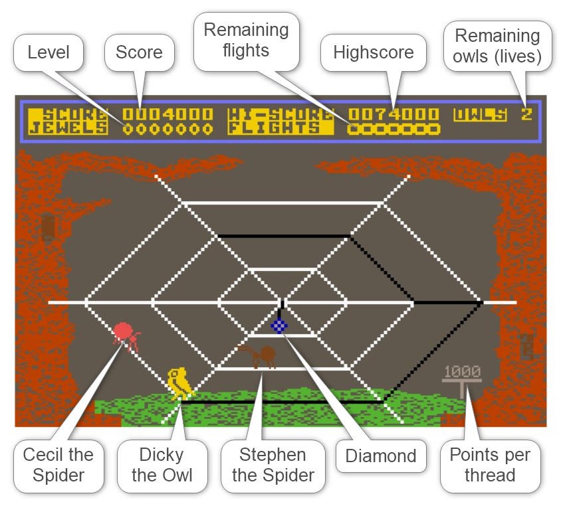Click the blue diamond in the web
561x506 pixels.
click(x=279, y=325)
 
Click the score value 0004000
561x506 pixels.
click(x=168, y=114)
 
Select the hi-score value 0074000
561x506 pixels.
click(x=393, y=114)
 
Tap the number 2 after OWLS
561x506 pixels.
click(x=526, y=114)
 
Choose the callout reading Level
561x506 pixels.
click(x=49, y=52)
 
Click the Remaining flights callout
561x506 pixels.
click(x=246, y=41)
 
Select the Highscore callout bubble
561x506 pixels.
click(x=374, y=52)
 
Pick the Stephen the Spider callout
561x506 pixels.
click(x=273, y=465)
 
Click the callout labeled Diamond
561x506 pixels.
click(x=381, y=456)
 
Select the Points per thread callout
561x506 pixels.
click(x=491, y=465)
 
